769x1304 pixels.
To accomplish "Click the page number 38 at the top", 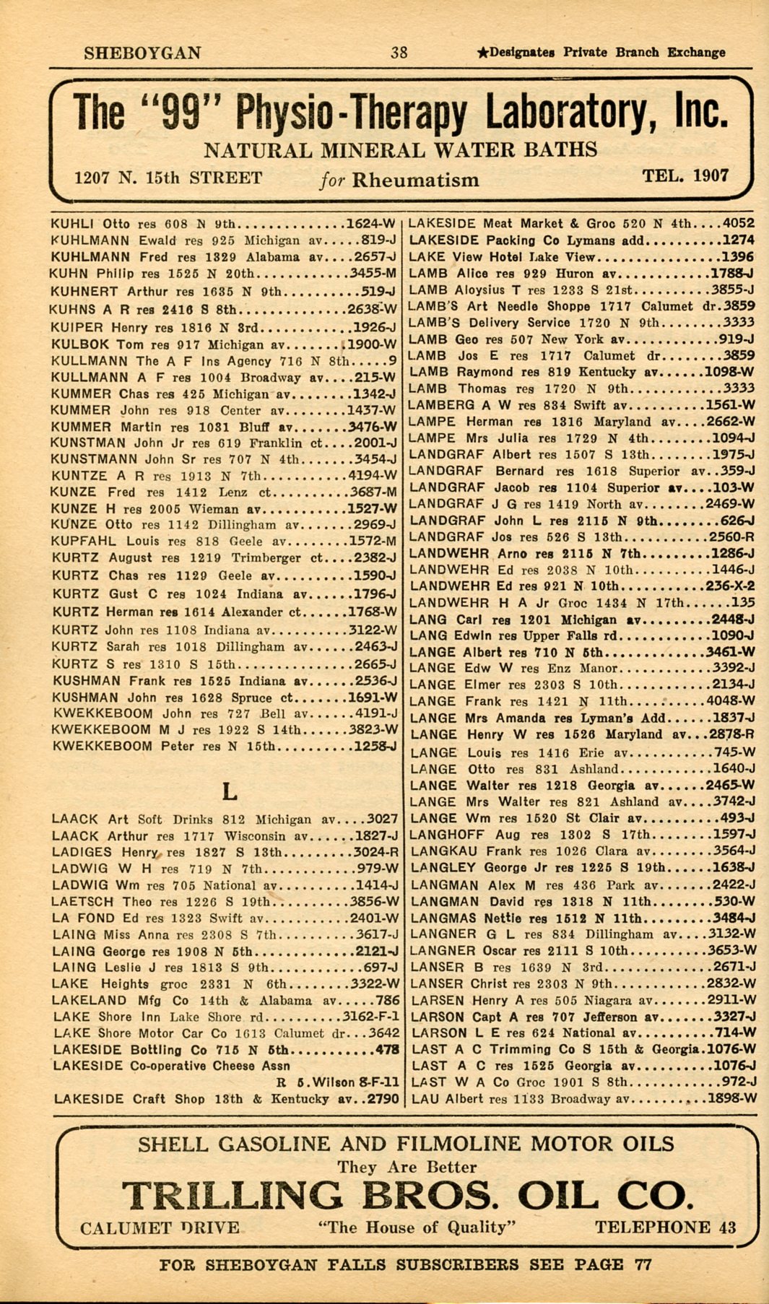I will point(399,52).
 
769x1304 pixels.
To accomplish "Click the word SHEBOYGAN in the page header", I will point(142,53).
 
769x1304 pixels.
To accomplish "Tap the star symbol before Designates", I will point(483,52).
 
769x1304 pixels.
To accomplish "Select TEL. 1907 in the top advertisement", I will point(685,175).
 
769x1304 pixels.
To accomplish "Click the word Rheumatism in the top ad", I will point(415,180).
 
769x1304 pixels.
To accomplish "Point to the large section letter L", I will point(228,791).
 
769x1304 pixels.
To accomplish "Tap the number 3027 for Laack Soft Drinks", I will point(382,819).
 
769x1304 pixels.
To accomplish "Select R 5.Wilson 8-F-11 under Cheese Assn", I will point(337,1082).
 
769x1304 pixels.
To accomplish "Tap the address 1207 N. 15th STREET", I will point(168,178).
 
